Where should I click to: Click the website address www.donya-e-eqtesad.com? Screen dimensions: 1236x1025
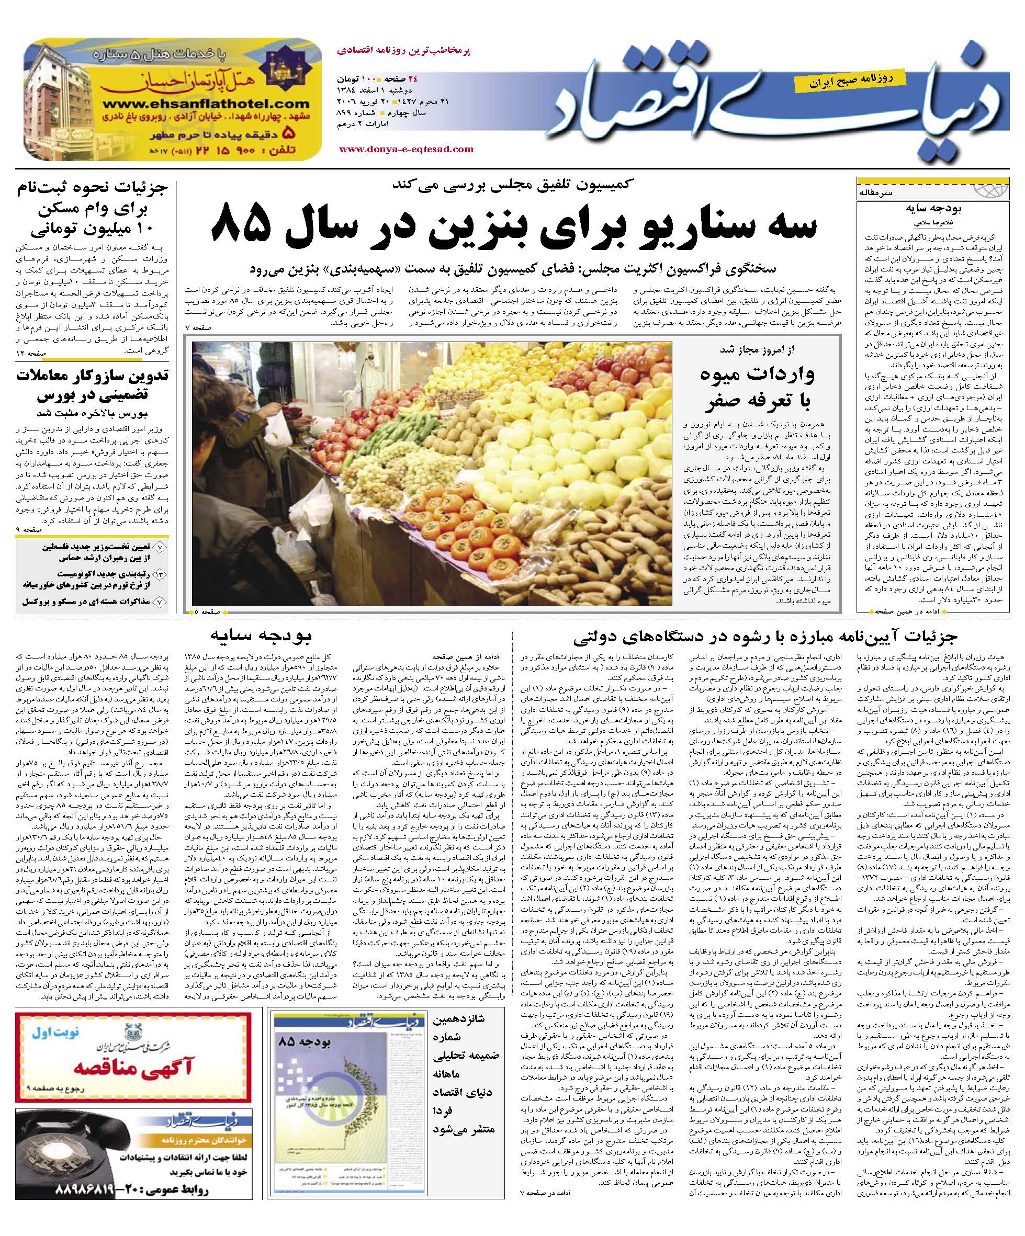(406, 149)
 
